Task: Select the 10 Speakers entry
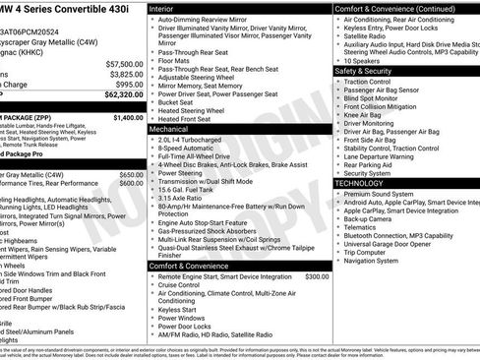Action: tap(364, 60)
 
